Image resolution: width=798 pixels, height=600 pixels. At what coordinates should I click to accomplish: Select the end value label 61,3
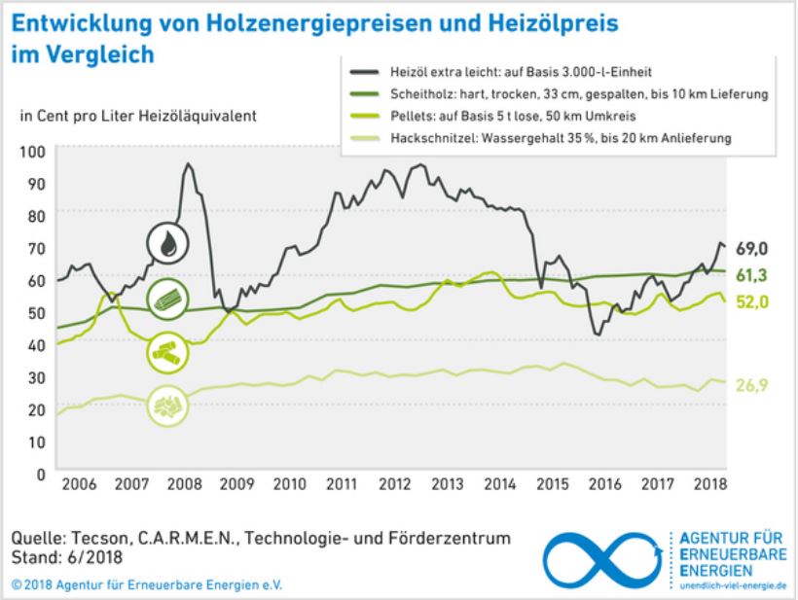click(x=752, y=275)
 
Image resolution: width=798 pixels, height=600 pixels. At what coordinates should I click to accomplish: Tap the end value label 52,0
click(x=752, y=302)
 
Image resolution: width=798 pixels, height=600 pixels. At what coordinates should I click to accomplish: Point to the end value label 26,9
click(x=752, y=386)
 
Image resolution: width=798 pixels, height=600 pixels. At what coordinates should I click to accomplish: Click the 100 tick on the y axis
click(x=32, y=152)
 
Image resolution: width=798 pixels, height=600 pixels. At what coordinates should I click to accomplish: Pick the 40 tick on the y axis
click(x=36, y=344)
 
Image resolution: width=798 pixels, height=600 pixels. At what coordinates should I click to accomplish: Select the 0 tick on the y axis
click(x=40, y=474)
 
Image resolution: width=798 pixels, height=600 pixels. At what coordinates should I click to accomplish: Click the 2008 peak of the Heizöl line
click(x=187, y=163)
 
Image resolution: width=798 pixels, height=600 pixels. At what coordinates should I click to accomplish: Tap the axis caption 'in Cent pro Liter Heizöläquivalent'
click(x=137, y=116)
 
